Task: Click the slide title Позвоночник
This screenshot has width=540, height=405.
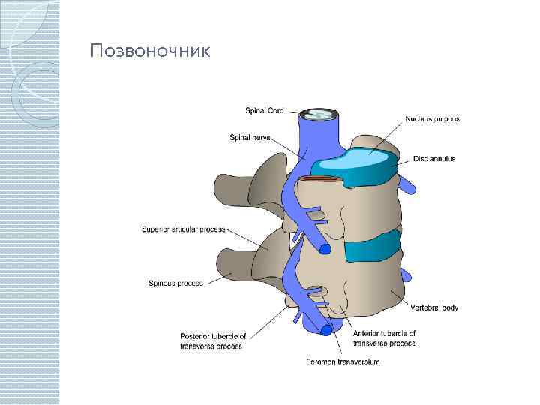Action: coord(150,52)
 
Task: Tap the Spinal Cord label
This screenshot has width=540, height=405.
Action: coord(265,111)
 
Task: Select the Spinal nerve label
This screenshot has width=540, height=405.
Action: coord(250,137)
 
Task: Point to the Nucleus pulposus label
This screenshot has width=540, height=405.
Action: coord(433,118)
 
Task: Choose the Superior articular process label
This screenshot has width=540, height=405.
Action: coord(184,229)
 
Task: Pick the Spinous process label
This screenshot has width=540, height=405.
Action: coord(176,283)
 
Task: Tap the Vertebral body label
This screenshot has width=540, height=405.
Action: coord(434,307)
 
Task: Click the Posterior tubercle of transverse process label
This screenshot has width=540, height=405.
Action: coord(211,340)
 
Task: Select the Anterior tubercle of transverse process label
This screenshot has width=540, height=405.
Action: coord(383,338)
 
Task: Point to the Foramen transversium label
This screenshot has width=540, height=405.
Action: coord(343,362)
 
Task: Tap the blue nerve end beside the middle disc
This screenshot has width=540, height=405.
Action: coord(325,248)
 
